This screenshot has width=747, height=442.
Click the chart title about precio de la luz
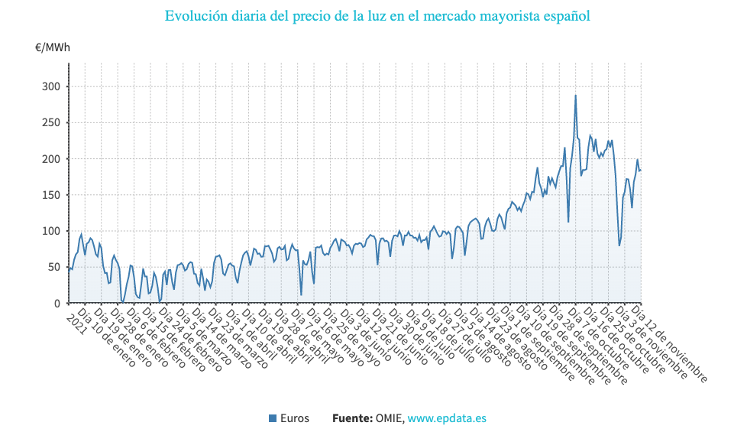(x=377, y=16)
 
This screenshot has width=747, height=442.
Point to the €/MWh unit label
(x=53, y=47)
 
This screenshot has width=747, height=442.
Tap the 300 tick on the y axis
(x=50, y=86)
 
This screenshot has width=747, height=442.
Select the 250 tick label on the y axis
(x=50, y=122)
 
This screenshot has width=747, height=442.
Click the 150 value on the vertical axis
(x=50, y=195)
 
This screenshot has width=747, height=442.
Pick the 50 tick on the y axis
(x=53, y=267)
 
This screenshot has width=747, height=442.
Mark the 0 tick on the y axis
(x=56, y=304)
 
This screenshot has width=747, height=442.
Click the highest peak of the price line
(x=575, y=96)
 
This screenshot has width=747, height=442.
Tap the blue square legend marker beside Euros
(x=273, y=418)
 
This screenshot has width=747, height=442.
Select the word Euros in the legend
(x=295, y=418)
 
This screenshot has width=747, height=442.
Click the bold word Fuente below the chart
(x=351, y=418)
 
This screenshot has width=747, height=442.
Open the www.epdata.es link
(x=447, y=418)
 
